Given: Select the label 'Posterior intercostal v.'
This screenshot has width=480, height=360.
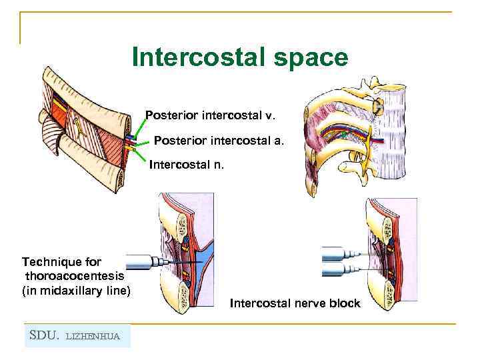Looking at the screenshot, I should [210, 115].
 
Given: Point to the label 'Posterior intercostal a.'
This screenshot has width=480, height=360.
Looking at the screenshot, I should [219, 141].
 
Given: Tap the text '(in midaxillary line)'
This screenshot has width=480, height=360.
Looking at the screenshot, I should [77, 290].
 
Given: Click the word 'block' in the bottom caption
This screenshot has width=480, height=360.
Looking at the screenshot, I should [344, 304].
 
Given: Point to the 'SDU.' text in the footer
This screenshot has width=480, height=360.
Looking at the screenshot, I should [45, 335].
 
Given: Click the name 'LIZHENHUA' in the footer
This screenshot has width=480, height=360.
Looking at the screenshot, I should [93, 336].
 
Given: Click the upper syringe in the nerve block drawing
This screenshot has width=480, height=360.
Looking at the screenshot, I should [339, 253].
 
